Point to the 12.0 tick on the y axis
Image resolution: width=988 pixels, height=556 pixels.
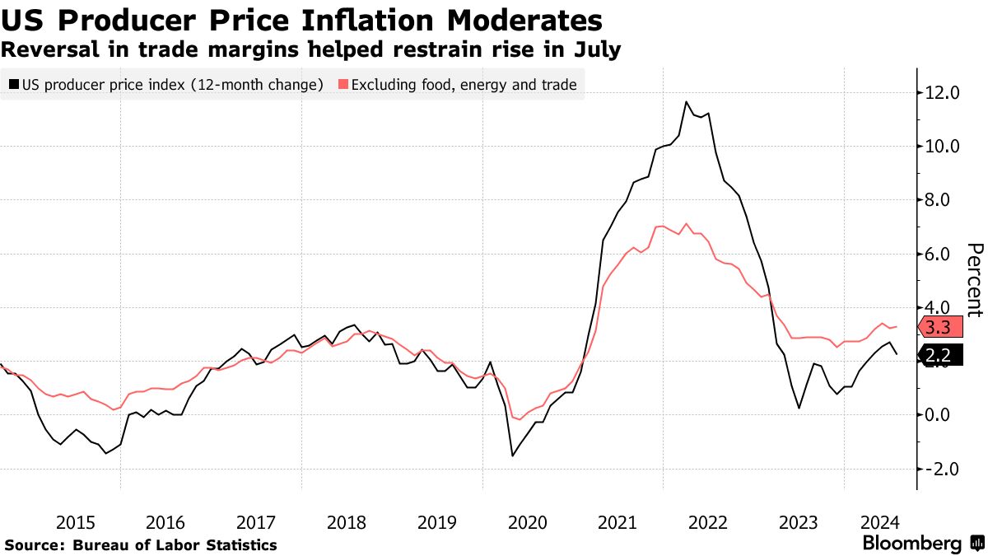943,93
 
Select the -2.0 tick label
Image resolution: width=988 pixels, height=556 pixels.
943,469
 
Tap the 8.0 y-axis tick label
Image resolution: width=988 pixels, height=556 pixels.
943,200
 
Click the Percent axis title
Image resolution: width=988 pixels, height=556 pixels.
974,280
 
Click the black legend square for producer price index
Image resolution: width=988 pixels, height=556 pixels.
14,84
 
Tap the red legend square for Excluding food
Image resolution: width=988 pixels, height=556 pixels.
343,84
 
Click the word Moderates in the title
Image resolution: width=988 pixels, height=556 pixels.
522,20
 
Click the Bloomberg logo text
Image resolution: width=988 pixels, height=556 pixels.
911,544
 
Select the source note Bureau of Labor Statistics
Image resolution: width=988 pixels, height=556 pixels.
175,545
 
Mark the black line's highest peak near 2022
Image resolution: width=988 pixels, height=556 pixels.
686,101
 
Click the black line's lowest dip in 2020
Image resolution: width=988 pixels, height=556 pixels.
512,456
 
